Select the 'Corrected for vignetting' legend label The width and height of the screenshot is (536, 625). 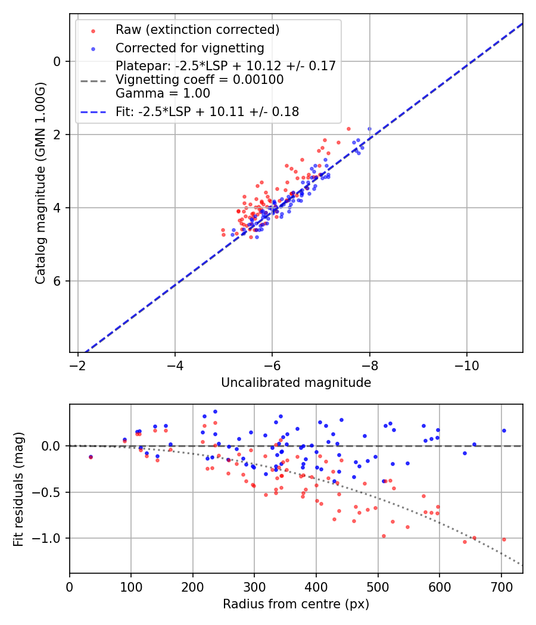pos(189,48)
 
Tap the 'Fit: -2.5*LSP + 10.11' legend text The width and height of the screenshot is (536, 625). pos(207,111)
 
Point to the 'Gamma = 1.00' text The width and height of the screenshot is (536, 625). pos(163,93)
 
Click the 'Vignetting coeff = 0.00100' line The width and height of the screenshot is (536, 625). pos(200,80)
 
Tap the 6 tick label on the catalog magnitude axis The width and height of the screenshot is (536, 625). pos(57,281)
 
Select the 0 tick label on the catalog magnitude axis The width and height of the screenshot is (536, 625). pos(57,61)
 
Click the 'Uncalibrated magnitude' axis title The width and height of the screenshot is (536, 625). pos(296,383)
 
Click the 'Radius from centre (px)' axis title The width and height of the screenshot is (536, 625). pos(296,604)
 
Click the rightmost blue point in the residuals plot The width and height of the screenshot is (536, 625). pos(503,430)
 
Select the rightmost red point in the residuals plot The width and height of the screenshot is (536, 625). pos(503,539)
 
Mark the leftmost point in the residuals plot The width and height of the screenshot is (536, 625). pos(91,457)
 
